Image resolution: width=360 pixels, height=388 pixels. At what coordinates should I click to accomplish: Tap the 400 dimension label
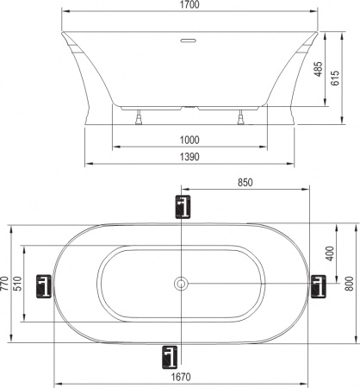click(329, 253)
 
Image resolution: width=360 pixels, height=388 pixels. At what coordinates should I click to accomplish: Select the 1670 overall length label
click(180, 377)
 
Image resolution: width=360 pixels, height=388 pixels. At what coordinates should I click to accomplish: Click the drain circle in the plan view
click(182, 284)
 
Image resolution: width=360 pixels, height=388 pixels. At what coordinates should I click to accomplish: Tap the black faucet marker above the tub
click(182, 207)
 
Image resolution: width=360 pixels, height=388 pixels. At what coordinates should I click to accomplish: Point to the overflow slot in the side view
click(186, 40)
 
